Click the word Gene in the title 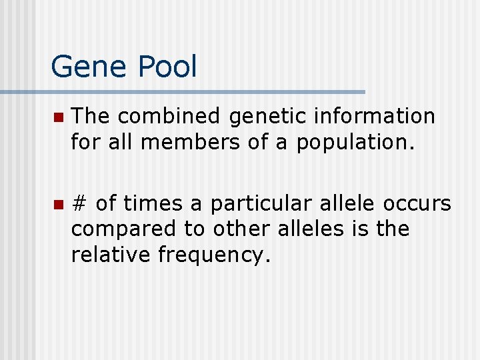[x=89, y=67]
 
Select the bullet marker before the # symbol [x=58, y=204]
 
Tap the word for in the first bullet [x=86, y=142]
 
